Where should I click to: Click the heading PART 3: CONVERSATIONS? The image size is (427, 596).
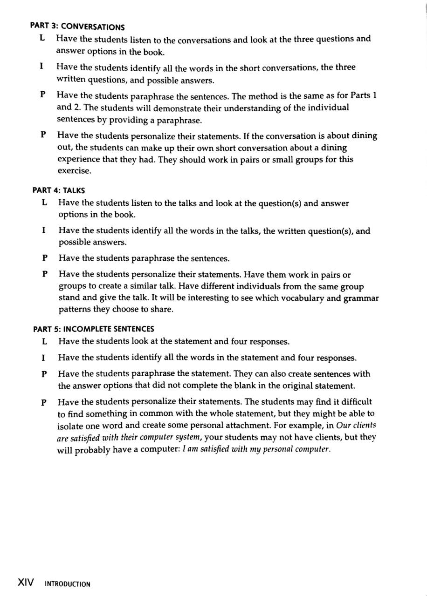[77, 27]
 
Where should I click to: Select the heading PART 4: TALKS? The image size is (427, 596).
[59, 190]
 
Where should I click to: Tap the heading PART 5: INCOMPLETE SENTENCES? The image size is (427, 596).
[94, 329]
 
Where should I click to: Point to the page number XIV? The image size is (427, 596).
[26, 582]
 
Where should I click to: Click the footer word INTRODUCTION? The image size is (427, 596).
[68, 584]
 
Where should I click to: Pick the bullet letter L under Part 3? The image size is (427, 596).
[42, 38]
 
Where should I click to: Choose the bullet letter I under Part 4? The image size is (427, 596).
[44, 230]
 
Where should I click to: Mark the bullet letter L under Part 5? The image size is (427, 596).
[44, 341]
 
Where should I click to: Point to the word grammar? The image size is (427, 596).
[361, 298]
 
